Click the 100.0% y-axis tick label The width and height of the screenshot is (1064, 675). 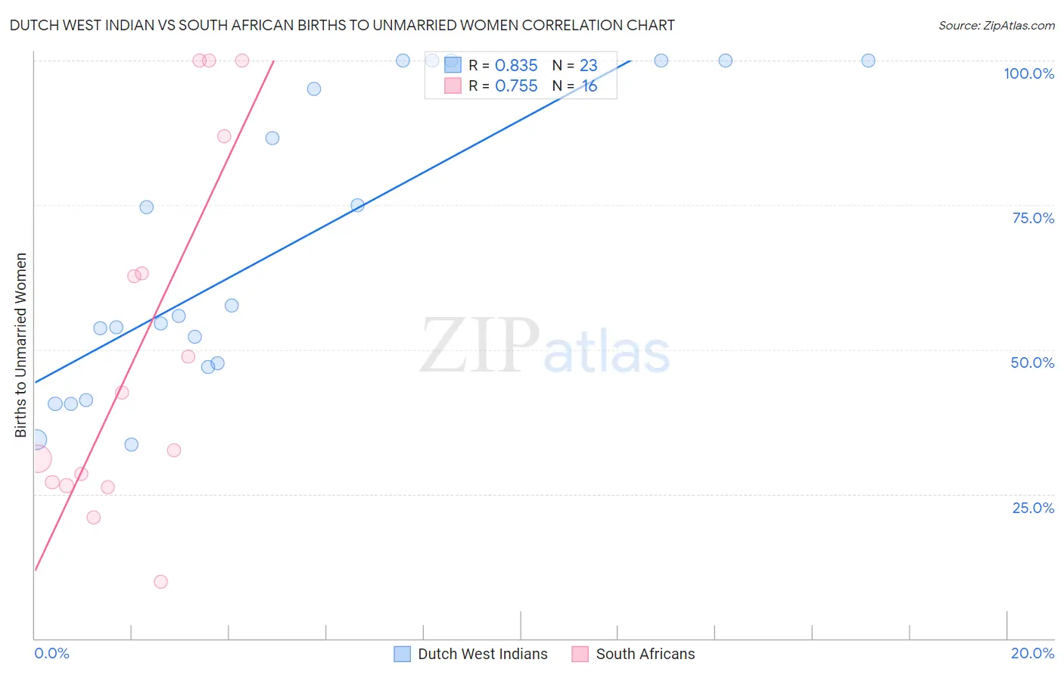pyautogui.click(x=1028, y=73)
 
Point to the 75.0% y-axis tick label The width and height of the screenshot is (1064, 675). pyautogui.click(x=1033, y=218)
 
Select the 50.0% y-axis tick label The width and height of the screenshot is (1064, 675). pyautogui.click(x=1032, y=362)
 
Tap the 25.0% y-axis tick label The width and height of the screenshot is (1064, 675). pyautogui.click(x=1033, y=508)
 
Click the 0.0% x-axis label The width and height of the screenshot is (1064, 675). pyautogui.click(x=51, y=653)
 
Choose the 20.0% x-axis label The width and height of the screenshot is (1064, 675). pyautogui.click(x=1032, y=653)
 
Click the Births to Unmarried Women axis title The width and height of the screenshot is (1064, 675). pyautogui.click(x=21, y=345)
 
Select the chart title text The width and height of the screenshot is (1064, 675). pyautogui.click(x=342, y=25)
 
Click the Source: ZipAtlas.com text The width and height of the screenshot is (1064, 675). pyautogui.click(x=996, y=26)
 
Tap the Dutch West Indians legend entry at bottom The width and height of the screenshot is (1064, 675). pyautogui.click(x=482, y=654)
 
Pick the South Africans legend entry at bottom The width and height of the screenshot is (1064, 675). pyautogui.click(x=645, y=654)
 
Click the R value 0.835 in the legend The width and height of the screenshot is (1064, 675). pyautogui.click(x=516, y=66)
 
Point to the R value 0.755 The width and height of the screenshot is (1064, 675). pyautogui.click(x=516, y=86)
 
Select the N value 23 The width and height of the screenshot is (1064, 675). pyautogui.click(x=588, y=66)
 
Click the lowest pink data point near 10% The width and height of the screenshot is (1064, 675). pyautogui.click(x=160, y=582)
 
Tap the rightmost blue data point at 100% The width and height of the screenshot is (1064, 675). pyautogui.click(x=868, y=61)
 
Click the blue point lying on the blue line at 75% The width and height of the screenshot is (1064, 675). pyautogui.click(x=358, y=205)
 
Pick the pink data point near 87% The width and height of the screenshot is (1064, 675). pyautogui.click(x=224, y=136)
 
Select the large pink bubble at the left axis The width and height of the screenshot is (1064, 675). pyautogui.click(x=37, y=459)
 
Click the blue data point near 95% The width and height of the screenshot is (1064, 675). pyautogui.click(x=314, y=89)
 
